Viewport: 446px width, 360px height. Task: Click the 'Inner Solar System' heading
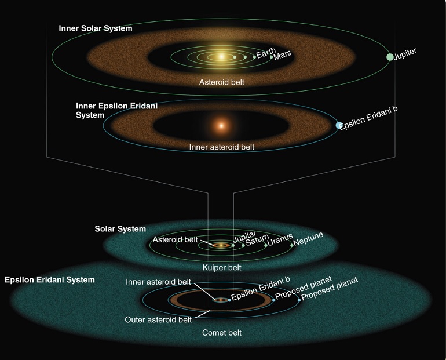click(96, 28)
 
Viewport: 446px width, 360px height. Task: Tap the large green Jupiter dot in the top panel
click(390, 57)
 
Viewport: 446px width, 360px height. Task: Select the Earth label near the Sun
click(266, 53)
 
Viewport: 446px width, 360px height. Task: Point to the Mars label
click(283, 55)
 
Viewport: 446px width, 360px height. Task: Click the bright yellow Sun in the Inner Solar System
click(222, 57)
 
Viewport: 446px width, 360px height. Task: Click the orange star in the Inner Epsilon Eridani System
click(221, 125)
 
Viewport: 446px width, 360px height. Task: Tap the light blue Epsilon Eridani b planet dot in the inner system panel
click(339, 125)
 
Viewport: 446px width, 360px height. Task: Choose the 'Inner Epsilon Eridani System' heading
click(116, 110)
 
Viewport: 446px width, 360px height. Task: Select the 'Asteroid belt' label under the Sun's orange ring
click(222, 82)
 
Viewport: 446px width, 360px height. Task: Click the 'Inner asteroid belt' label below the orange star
click(222, 147)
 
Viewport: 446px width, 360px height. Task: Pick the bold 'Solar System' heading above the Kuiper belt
click(120, 229)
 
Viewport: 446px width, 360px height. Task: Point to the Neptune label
click(308, 239)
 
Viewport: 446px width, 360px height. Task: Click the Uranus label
click(280, 239)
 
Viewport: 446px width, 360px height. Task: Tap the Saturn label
click(257, 240)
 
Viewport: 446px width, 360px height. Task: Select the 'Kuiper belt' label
click(222, 267)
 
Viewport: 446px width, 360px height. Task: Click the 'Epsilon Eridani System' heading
click(50, 280)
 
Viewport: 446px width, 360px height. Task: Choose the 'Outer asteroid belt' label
click(158, 320)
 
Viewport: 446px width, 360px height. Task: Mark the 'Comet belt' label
click(222, 333)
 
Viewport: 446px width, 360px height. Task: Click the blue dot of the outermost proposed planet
click(299, 300)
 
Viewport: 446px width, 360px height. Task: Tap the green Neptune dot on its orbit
click(291, 245)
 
